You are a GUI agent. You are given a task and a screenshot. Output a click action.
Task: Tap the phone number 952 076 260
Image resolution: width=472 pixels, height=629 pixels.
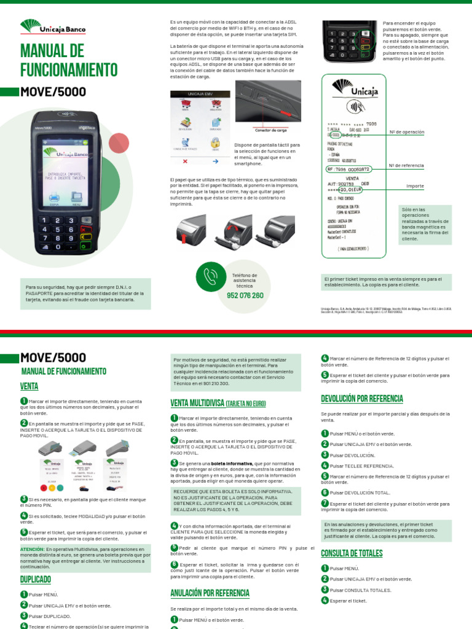click(x=245, y=295)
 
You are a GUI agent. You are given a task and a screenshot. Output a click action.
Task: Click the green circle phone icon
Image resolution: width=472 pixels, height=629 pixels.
click(x=211, y=276)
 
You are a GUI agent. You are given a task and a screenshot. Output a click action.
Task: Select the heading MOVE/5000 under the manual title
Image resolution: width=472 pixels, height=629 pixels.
click(x=53, y=92)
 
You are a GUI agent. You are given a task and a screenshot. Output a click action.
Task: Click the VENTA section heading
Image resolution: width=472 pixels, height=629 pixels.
click(x=29, y=386)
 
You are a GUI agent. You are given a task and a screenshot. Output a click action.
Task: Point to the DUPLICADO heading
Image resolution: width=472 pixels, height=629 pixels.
click(x=36, y=579)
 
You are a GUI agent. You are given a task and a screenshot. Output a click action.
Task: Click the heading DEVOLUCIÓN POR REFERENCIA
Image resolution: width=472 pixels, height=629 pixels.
click(x=362, y=399)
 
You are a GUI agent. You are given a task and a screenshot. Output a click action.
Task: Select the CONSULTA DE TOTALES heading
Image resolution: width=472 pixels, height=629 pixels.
click(x=352, y=553)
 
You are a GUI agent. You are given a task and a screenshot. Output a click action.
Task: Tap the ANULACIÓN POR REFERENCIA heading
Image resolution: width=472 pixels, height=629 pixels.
click(x=210, y=593)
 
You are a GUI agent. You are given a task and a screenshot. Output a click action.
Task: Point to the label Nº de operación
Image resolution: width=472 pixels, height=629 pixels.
click(x=406, y=132)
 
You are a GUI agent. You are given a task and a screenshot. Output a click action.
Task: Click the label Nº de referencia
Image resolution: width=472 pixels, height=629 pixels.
click(x=406, y=165)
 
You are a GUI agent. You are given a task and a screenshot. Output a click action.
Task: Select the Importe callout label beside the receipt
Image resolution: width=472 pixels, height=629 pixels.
click(x=415, y=186)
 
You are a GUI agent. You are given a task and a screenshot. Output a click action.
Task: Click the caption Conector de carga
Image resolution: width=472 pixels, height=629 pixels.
click(x=271, y=130)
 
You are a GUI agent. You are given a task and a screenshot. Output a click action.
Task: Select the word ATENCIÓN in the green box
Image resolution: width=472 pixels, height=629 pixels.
click(x=32, y=549)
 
